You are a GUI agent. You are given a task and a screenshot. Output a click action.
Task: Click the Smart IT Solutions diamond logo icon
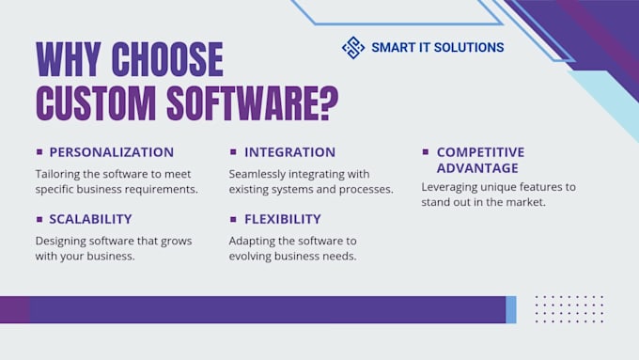tap(353, 47)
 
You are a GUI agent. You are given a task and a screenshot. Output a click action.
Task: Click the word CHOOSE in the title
tap(167, 59)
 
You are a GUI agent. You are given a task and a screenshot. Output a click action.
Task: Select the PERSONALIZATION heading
tap(111, 151)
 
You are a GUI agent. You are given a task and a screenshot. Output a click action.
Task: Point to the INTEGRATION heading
tap(289, 151)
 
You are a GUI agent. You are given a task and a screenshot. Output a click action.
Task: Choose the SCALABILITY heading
tap(90, 219)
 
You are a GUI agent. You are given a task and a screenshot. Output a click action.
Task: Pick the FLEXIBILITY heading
tap(282, 219)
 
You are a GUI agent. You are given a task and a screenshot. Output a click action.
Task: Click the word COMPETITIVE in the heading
tap(480, 151)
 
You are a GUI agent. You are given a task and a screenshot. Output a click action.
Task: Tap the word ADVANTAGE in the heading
tap(476, 168)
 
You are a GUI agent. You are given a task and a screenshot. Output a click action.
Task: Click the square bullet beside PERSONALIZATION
tap(39, 151)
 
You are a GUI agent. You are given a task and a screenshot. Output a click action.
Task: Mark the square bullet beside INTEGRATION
tap(233, 151)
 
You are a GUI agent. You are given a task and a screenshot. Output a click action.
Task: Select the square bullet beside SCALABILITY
tap(39, 219)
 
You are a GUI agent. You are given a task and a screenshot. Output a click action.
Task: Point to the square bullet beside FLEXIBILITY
tap(233, 219)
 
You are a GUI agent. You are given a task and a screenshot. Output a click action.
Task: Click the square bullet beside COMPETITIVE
tap(426, 151)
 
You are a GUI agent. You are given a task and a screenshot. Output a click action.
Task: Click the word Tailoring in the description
tap(61, 174)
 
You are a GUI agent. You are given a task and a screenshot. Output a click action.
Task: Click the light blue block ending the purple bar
tap(511, 309)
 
